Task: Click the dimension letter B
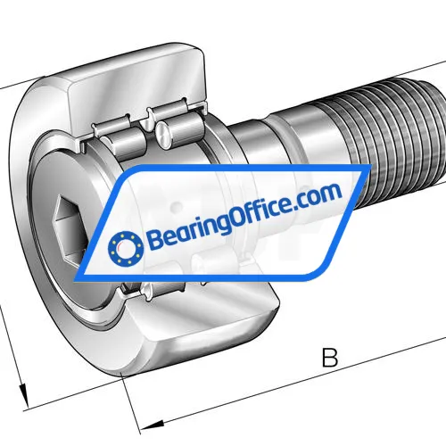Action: [330, 359]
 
